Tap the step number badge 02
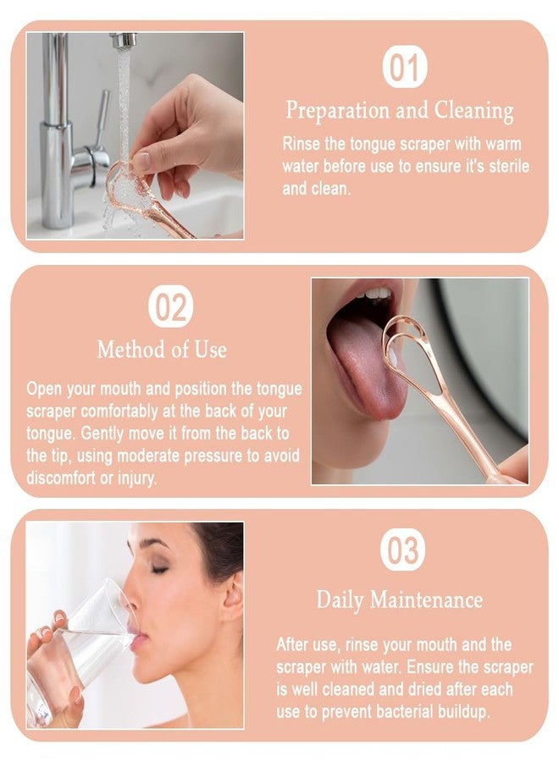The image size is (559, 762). pyautogui.click(x=170, y=307)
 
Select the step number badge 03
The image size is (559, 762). pyautogui.click(x=402, y=551)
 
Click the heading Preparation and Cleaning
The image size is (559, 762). pyautogui.click(x=399, y=111)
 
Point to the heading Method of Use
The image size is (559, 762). pyautogui.click(x=162, y=350)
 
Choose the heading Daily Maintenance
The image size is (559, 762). pyautogui.click(x=399, y=600)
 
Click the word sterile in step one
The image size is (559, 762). pyautogui.click(x=506, y=166)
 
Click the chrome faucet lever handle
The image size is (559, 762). pyautogui.click(x=101, y=124)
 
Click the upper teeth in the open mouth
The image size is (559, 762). pyautogui.click(x=373, y=294)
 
